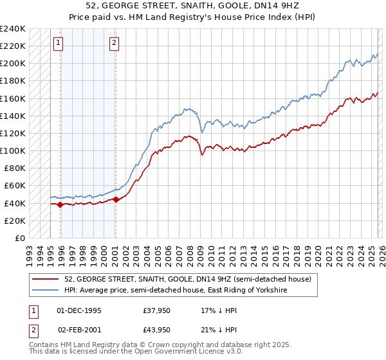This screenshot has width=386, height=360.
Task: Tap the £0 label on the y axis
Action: point(19,238)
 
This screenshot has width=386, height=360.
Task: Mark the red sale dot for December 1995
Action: point(60,205)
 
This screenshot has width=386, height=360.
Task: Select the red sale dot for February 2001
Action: point(115,199)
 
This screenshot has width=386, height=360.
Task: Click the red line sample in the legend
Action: point(46,279)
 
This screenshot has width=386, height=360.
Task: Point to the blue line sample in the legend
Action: point(46,291)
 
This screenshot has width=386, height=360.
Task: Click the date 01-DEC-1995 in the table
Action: point(79,310)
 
